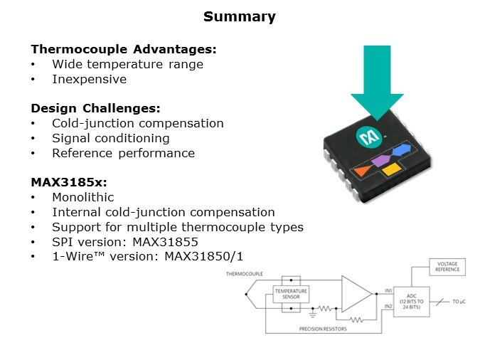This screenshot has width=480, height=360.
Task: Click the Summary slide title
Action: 240,16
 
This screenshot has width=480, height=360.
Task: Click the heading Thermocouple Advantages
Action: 124,49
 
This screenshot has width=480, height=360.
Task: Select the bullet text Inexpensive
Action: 90,79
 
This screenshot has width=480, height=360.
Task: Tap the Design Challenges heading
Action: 96,108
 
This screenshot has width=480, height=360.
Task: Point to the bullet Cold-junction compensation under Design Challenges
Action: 138,123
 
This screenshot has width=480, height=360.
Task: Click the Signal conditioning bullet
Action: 111,138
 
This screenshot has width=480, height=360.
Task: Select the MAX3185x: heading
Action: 69,182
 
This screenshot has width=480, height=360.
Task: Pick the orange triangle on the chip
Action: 362,171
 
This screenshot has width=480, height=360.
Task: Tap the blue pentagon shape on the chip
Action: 402,150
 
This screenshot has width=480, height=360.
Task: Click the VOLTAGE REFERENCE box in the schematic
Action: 447,268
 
